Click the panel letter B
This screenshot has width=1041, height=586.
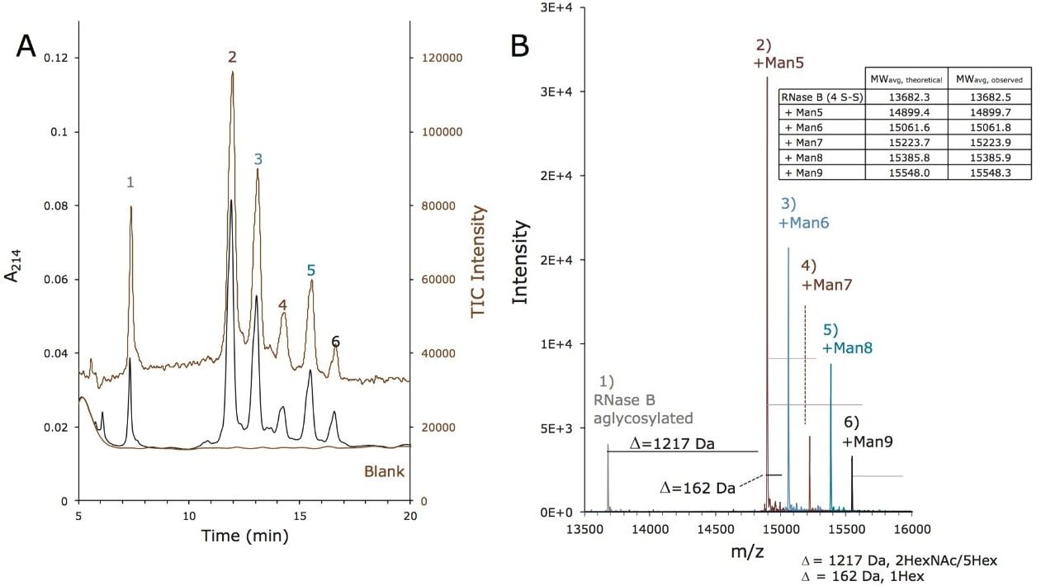point(520,45)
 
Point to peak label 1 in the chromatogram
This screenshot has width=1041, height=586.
point(130,182)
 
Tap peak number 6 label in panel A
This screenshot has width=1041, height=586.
point(335,341)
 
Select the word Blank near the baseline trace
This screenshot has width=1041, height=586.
point(384,472)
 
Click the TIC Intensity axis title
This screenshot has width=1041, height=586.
point(477,262)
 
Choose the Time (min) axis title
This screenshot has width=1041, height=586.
point(244,536)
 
